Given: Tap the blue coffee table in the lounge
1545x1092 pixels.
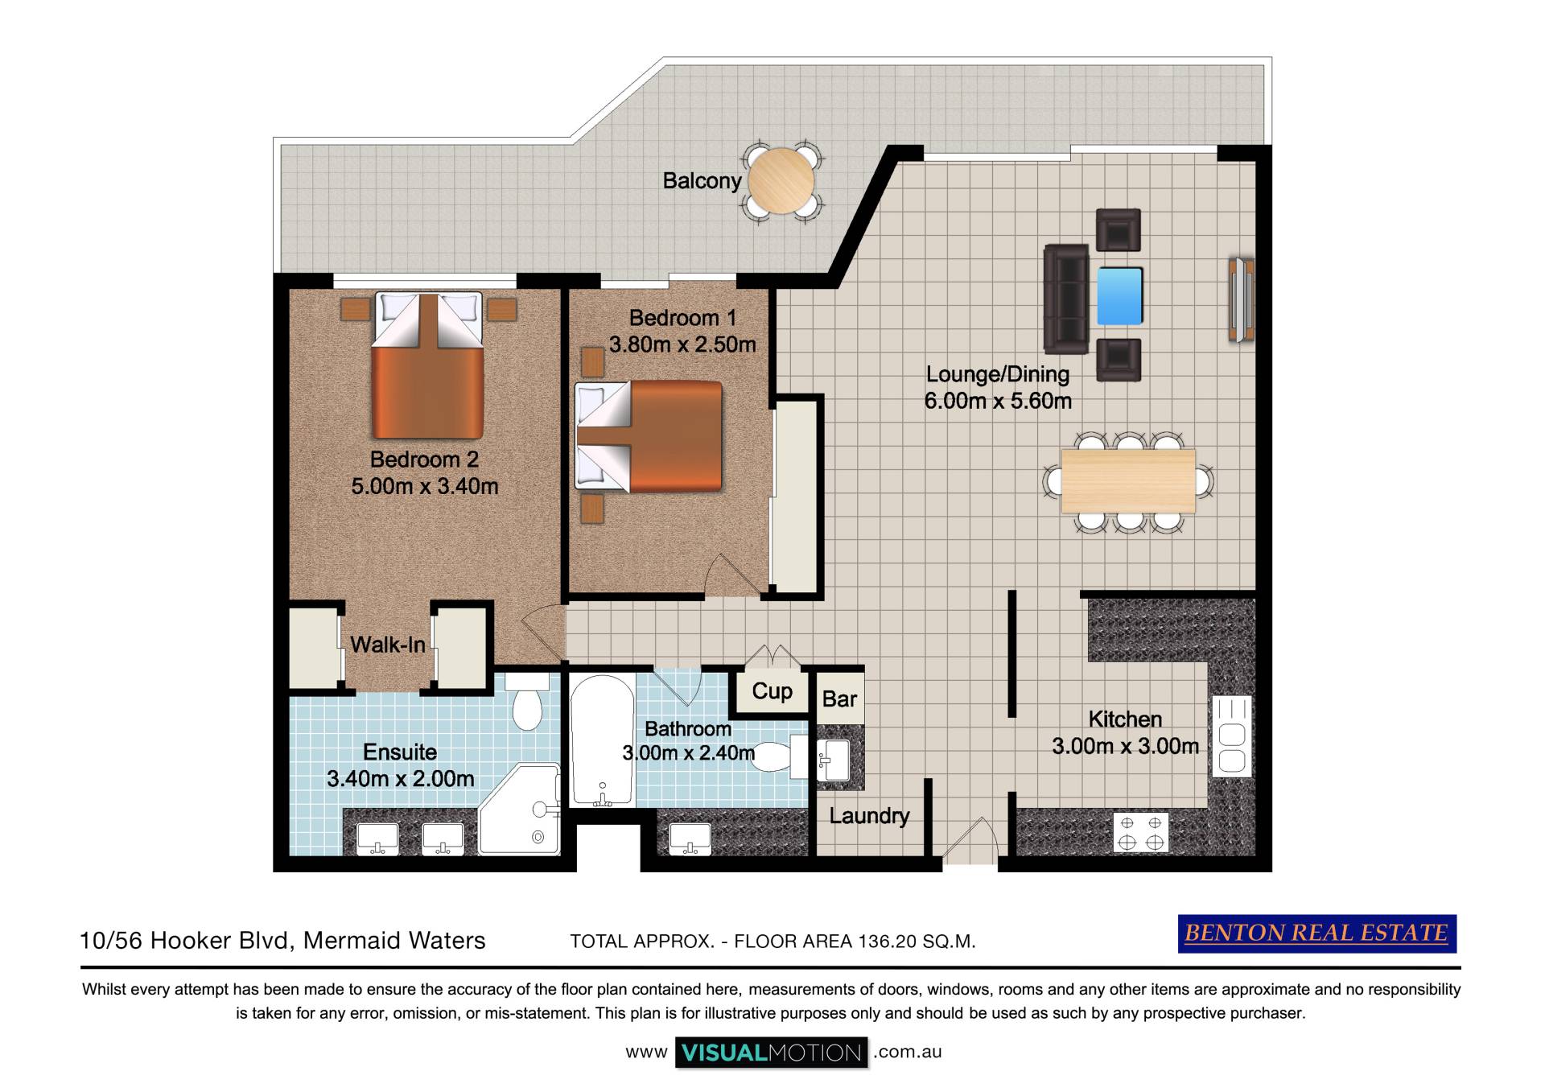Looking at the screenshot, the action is click(1119, 295).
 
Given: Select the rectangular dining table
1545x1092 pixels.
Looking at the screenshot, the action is click(1128, 480).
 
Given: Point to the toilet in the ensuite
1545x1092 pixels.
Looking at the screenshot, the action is click(527, 701).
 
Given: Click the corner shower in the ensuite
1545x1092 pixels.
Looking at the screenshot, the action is click(520, 809).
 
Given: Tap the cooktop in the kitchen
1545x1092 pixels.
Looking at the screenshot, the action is click(1141, 832).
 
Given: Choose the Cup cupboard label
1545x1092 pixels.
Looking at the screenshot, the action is click(772, 691).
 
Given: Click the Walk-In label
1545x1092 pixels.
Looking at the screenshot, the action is click(388, 645).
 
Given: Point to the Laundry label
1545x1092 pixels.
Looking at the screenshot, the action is click(869, 816).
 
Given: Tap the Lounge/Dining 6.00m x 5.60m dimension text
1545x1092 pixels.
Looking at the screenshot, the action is click(998, 401).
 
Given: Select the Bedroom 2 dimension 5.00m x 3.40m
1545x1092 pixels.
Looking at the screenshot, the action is click(425, 486).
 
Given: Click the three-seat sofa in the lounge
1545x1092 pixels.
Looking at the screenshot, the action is click(1066, 299).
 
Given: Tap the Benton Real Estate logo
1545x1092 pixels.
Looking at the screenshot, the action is click(1317, 933).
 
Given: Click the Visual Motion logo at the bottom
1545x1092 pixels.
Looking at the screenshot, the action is click(772, 1053).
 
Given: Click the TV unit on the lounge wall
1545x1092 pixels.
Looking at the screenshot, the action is click(1242, 299).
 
